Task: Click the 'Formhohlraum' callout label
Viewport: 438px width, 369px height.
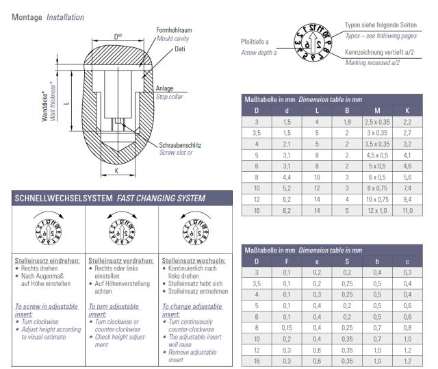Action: click(x=173, y=30)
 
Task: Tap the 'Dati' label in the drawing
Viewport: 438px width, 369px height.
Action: click(x=180, y=49)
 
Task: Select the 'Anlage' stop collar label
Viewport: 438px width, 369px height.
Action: click(x=164, y=87)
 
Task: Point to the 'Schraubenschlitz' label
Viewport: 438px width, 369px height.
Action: click(x=181, y=145)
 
